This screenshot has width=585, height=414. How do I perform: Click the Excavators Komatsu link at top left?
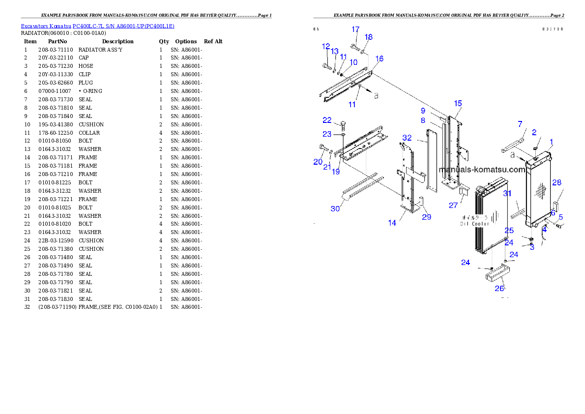[x=97, y=26]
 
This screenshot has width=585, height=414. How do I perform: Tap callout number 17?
[x=355, y=30]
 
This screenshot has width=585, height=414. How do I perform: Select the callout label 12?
[x=326, y=46]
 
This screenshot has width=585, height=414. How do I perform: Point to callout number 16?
[x=379, y=59]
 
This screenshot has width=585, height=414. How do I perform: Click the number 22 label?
[x=327, y=120]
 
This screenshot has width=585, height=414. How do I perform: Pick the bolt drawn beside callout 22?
[x=343, y=125]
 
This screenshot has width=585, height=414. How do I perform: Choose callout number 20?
[x=318, y=162]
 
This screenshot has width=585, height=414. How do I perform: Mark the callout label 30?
[x=335, y=208]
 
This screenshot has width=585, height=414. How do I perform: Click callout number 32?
[x=407, y=137]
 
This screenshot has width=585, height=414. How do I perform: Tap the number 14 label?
[x=392, y=223]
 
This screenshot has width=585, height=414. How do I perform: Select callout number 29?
[x=427, y=217]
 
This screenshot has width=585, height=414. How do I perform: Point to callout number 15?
[x=458, y=103]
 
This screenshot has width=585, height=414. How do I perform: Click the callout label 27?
[x=453, y=205]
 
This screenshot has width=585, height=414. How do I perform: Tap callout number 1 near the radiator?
[x=552, y=142]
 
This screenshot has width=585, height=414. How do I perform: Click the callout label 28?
[x=556, y=182]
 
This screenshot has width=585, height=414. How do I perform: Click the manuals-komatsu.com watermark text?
[x=482, y=170]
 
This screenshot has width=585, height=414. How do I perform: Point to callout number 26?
[x=499, y=288]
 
